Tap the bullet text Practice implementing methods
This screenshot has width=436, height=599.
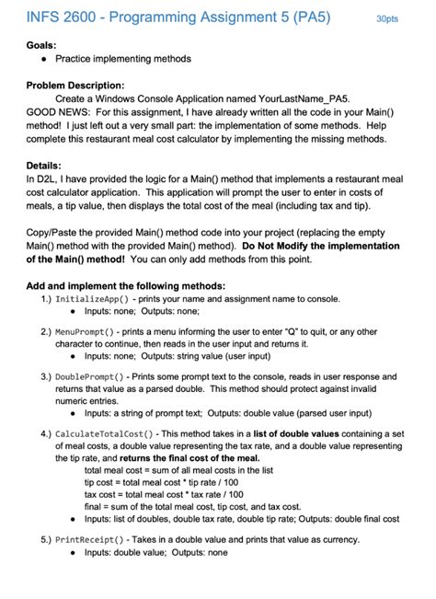(x=123, y=58)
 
